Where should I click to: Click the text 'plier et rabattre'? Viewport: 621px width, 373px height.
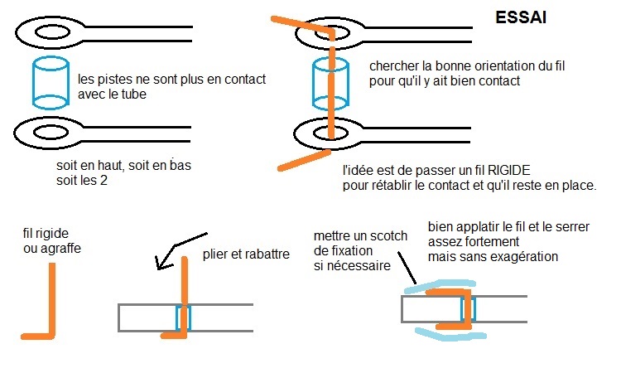(x=245, y=254)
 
